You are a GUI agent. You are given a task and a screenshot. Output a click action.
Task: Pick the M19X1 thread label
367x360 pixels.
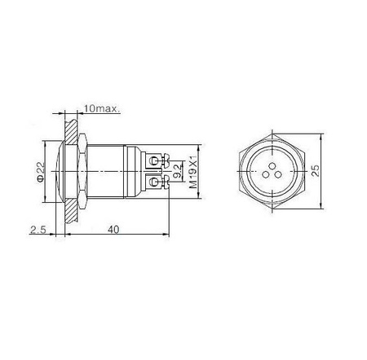coord(192,169)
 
